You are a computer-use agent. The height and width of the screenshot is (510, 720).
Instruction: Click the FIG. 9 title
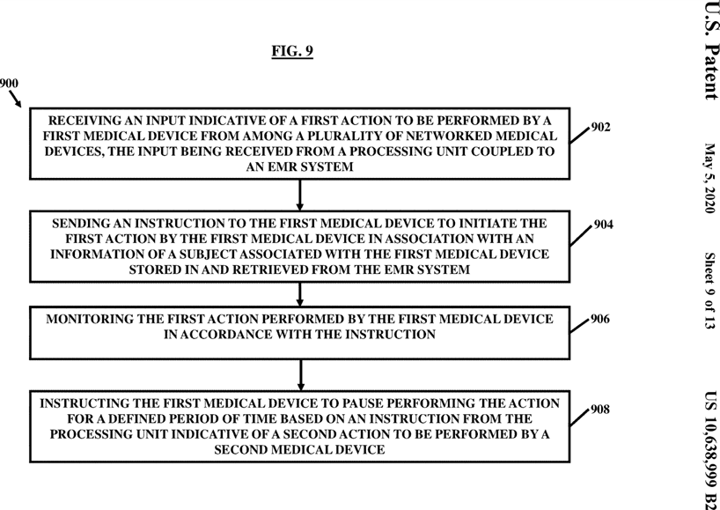[x=292, y=50]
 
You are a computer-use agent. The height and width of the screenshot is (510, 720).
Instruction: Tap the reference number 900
[x=9, y=84]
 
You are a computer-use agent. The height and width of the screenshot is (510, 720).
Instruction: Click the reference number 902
[x=600, y=127]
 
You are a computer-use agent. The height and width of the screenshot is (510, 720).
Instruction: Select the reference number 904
[x=603, y=225]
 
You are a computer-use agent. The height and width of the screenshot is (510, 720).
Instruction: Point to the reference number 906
[x=600, y=319]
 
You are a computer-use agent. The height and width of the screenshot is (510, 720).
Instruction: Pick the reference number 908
[x=600, y=410]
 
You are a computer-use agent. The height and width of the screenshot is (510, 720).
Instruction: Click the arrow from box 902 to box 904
[x=300, y=195]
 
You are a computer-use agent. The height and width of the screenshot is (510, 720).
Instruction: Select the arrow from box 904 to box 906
[x=300, y=294]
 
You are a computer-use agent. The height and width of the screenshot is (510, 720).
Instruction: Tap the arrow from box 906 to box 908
[x=300, y=375]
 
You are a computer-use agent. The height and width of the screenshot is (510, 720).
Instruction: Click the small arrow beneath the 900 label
[x=15, y=100]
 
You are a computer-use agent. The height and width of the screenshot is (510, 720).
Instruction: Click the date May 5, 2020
[x=710, y=178]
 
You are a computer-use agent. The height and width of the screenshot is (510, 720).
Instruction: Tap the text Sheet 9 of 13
[x=710, y=291]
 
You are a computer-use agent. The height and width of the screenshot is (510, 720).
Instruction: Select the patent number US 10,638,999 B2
[x=711, y=450]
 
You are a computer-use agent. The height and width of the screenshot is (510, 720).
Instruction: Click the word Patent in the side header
[x=711, y=70]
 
